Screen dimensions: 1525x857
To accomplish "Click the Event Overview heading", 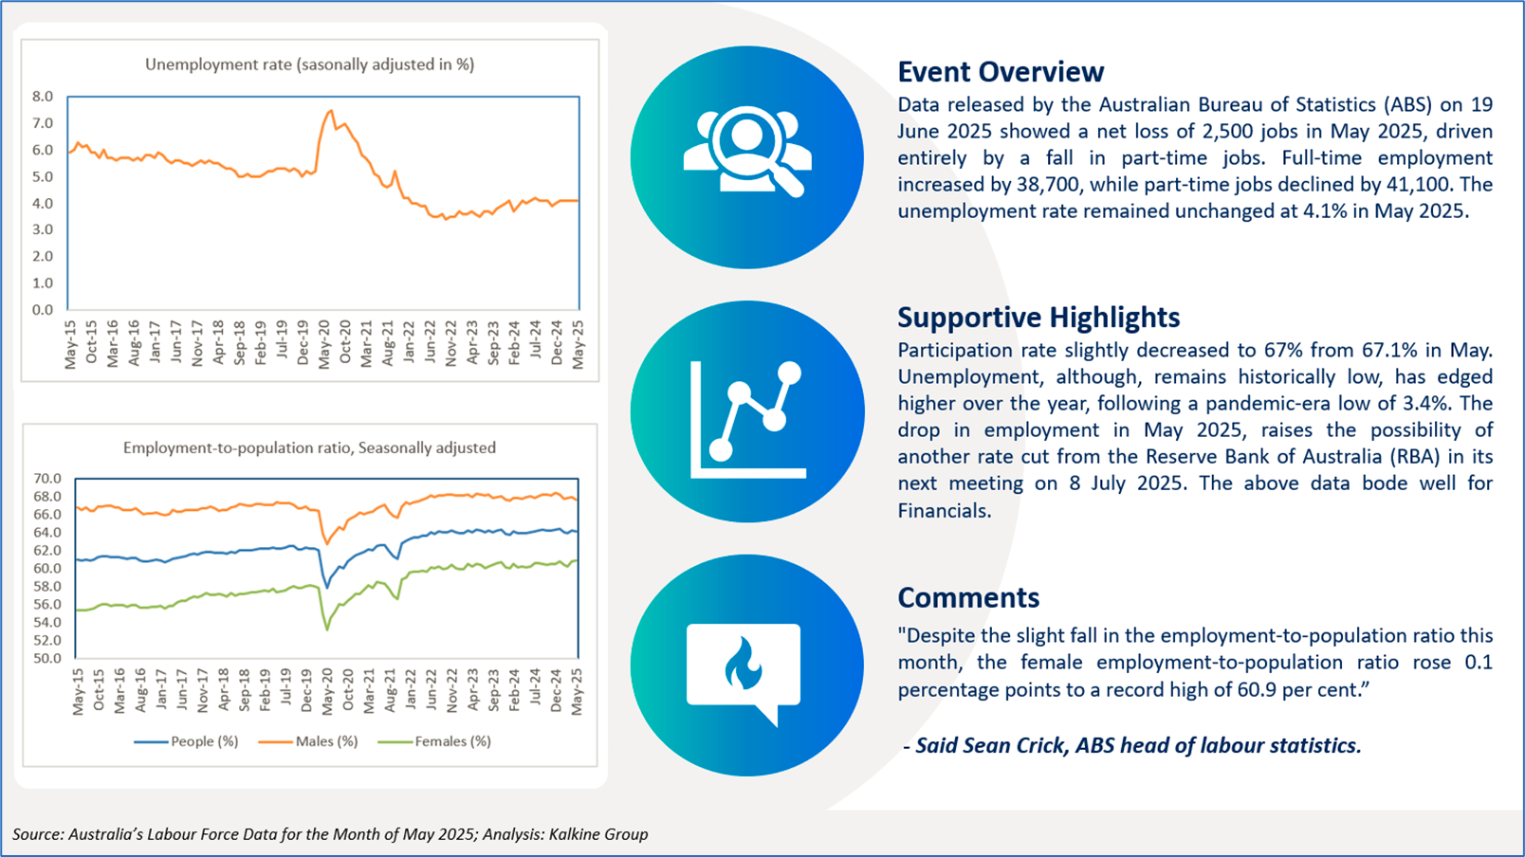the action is click(1001, 71).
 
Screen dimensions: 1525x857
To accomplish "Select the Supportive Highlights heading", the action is click(1038, 318).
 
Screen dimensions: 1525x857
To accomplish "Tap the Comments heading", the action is click(968, 597).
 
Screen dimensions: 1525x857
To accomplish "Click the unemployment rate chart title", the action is click(310, 64).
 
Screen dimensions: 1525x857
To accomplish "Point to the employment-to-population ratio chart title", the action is click(309, 447).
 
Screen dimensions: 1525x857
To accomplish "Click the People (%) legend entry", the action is click(186, 741).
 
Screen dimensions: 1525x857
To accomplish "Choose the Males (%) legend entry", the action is click(308, 741).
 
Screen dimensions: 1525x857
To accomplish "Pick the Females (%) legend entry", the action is click(434, 741).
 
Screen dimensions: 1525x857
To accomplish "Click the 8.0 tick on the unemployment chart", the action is click(43, 97).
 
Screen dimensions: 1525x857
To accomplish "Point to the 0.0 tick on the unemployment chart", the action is click(43, 310).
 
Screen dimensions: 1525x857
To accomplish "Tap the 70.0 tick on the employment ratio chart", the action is click(47, 479).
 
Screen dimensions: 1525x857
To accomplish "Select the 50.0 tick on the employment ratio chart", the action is click(47, 658).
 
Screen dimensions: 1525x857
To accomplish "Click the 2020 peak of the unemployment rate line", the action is click(331, 110).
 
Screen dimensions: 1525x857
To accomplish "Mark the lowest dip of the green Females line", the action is click(327, 629).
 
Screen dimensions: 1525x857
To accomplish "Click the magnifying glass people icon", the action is click(747, 152).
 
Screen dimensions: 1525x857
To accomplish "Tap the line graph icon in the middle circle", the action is click(747, 419).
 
